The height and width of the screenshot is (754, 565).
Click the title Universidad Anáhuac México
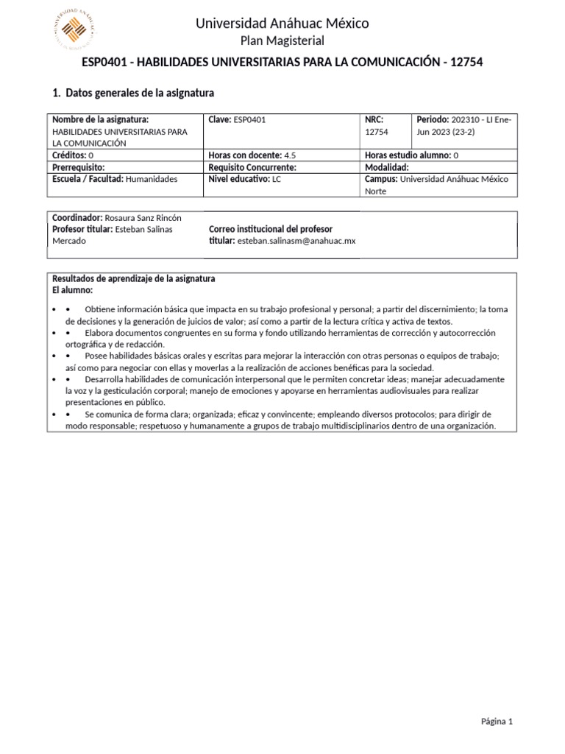coord(282,24)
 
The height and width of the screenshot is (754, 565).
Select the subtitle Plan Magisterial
coord(282,40)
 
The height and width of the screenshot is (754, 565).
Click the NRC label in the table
coord(374,119)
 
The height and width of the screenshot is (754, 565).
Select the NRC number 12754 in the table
coord(377,132)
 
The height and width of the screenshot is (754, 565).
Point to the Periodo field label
coord(433,119)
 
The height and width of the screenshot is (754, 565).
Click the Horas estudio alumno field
coord(411,155)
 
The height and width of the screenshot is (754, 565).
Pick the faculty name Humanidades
coord(152,179)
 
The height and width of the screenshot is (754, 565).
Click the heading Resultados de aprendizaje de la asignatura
coord(133,278)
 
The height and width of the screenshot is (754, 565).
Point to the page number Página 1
coord(497,722)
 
